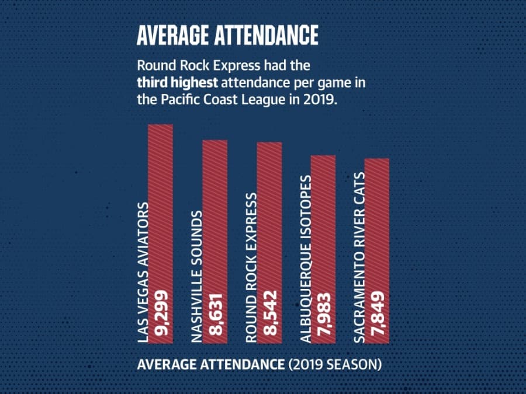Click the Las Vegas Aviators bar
161,234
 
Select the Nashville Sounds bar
215,242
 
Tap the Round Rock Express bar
269,243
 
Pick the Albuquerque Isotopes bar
323,250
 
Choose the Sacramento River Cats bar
377,251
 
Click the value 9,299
161,313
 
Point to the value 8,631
215,315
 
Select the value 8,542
269,313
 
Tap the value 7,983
323,315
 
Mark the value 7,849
377,313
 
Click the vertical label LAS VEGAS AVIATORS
143,273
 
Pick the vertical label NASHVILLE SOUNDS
197,277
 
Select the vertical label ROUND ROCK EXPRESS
251,268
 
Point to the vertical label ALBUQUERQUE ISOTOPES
306,259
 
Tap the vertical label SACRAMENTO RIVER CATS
359,257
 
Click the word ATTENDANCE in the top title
267,35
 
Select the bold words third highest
178,83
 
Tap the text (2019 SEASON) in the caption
335,364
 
